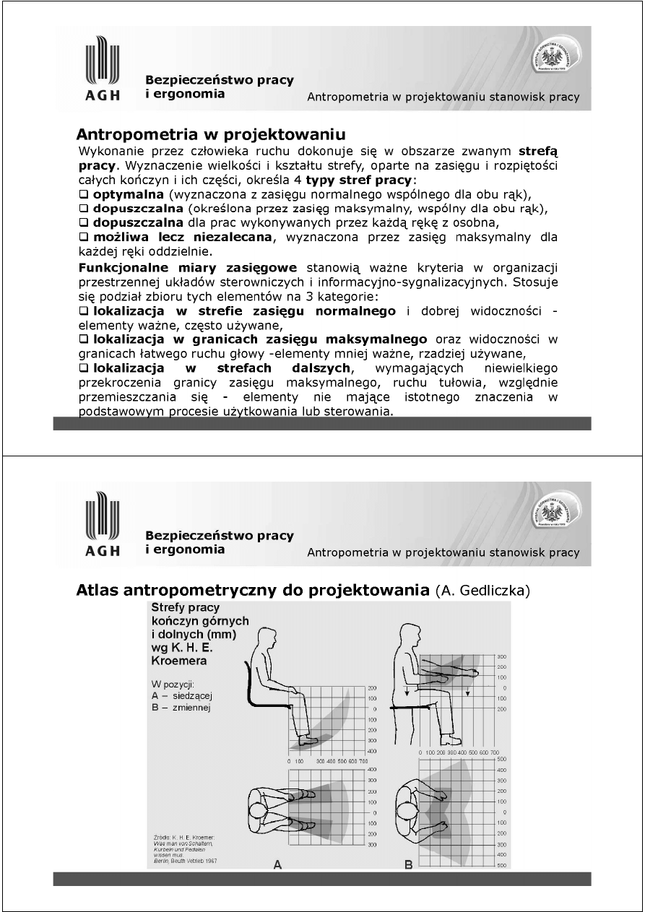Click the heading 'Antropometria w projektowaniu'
210,135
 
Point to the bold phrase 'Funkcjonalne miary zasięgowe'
189,267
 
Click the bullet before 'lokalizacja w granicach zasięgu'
84,339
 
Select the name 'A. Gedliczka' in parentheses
483,591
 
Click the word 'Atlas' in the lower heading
99,591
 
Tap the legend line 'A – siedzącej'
181,695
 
